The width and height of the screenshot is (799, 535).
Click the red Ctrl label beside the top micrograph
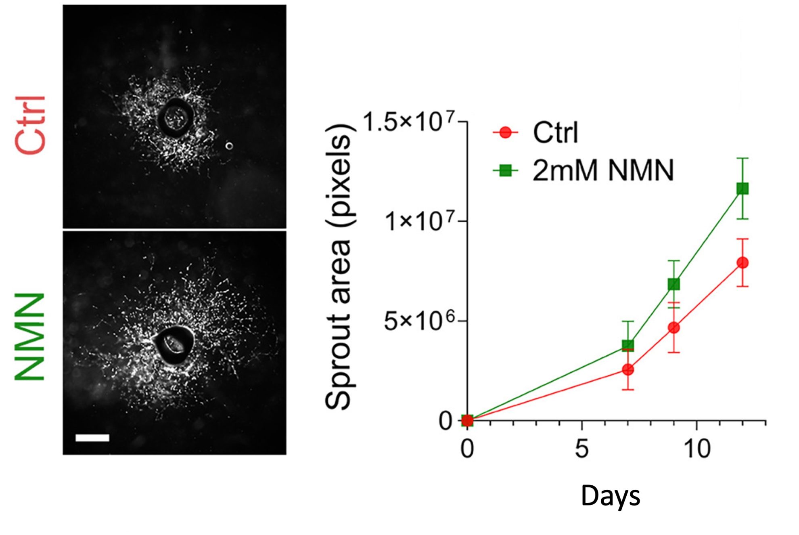31,125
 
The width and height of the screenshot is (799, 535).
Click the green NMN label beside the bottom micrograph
30,337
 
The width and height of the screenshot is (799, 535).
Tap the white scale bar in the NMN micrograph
92,438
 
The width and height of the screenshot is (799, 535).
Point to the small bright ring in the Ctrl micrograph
229,146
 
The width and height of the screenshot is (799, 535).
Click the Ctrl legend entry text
556,132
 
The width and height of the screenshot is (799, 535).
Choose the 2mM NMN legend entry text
603,170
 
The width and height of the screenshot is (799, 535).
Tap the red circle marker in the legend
505,132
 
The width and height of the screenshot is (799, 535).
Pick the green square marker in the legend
505,171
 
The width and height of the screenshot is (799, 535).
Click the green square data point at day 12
743,189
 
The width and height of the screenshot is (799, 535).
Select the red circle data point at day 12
743,263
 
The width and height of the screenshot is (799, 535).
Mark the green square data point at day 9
674,284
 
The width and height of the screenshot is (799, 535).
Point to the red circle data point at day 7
628,369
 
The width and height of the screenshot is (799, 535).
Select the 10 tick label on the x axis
697,449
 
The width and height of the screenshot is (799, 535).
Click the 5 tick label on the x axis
581,449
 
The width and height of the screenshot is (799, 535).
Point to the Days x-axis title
610,496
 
